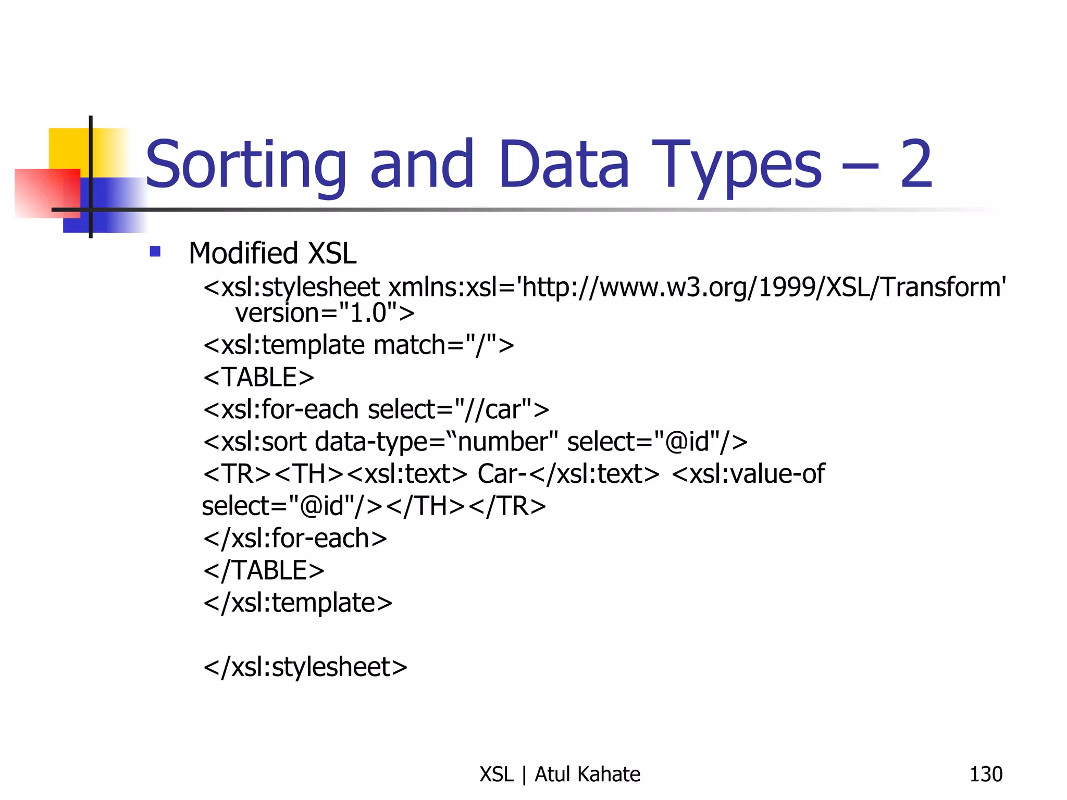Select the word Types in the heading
(x=737, y=166)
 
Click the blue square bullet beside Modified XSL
(x=155, y=252)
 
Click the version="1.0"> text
(x=325, y=313)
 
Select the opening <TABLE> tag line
(x=259, y=377)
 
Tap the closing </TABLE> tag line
(x=264, y=570)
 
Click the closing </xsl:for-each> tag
(x=295, y=539)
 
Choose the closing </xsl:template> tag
(x=297, y=603)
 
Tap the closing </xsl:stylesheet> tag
(x=305, y=667)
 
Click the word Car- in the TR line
(x=498, y=474)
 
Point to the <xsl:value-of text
(x=748, y=474)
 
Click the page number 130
(x=986, y=774)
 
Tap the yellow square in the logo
(x=68, y=148)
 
